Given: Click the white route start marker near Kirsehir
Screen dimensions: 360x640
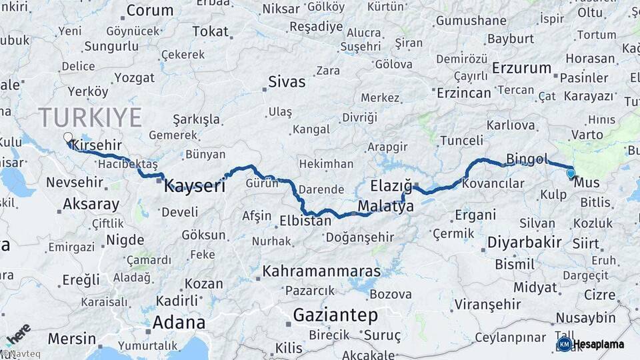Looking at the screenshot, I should point(67,138).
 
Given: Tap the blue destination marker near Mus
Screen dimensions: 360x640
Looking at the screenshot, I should point(571,174).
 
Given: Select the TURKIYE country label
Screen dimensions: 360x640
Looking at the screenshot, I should point(90,117).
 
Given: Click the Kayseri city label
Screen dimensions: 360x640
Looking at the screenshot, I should point(195,186).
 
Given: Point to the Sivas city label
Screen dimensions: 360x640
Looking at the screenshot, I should point(287,82).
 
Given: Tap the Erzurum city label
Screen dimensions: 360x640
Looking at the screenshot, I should point(522,68).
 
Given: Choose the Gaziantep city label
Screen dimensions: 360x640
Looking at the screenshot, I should point(336,315).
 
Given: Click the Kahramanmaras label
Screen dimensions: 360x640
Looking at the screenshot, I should point(322,271).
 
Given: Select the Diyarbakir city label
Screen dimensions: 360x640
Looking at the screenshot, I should point(524,242).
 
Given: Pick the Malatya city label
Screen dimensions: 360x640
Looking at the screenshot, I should point(385,207).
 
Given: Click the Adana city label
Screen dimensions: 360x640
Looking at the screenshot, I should point(179,323).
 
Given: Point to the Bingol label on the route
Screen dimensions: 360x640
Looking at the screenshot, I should point(527,159).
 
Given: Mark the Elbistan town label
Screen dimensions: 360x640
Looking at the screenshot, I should point(305,220).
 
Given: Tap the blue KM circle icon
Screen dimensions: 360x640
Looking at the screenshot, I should point(564,344).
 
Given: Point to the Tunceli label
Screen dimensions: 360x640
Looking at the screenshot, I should point(461,141).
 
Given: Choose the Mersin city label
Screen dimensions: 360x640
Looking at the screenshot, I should point(72,339).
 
